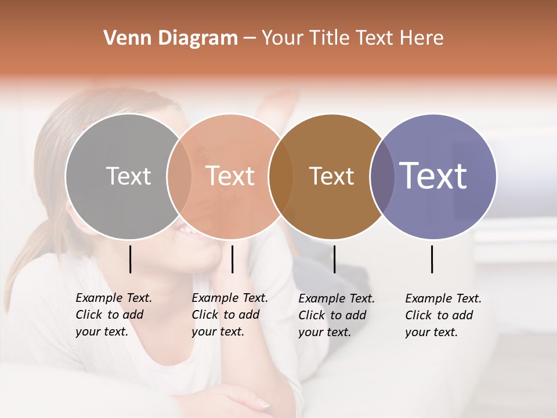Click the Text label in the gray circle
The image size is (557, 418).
pyautogui.click(x=128, y=176)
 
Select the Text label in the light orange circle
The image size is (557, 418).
pyautogui.click(x=230, y=176)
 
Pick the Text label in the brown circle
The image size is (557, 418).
pyautogui.click(x=331, y=176)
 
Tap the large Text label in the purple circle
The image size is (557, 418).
pyautogui.click(x=433, y=176)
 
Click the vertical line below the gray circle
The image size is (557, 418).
pyautogui.click(x=130, y=259)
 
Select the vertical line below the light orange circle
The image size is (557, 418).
pyautogui.click(x=232, y=259)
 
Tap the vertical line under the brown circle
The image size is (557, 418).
pyautogui.click(x=334, y=259)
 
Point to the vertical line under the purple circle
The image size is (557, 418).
pyautogui.click(x=432, y=259)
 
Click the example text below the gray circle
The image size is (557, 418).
pyautogui.click(x=113, y=315)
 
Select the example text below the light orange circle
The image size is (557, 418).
pyautogui.click(x=229, y=315)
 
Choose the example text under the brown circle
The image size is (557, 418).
pyautogui.click(x=336, y=315)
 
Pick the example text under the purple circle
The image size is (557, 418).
pyautogui.click(x=443, y=315)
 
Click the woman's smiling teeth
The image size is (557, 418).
pyautogui.click(x=189, y=230)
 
